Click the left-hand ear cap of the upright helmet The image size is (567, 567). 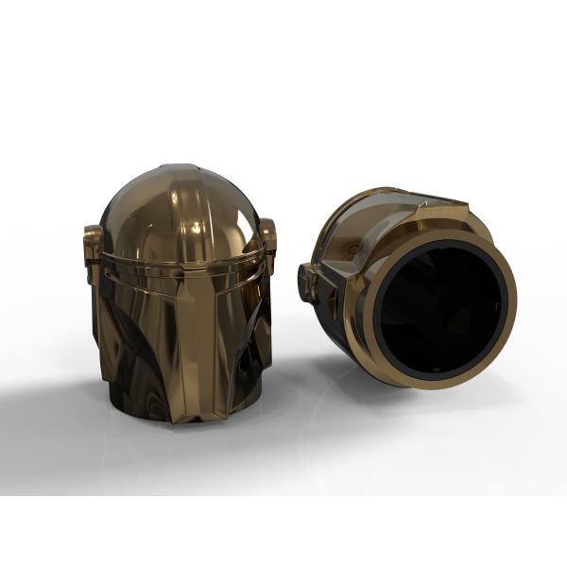(x=93, y=250)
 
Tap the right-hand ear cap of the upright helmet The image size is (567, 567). (x=268, y=241)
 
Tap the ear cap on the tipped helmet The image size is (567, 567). (x=309, y=282)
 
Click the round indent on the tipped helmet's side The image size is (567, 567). (x=352, y=248)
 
